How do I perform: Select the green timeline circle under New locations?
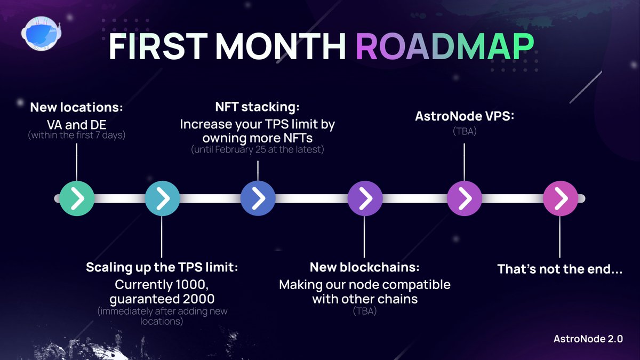click(77, 198)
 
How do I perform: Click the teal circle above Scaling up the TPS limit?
click(162, 198)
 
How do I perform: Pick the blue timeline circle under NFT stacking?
click(258, 198)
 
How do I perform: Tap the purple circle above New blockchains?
click(365, 198)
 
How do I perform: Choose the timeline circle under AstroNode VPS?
click(464, 198)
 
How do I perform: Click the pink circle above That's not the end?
click(560, 198)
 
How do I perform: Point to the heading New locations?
click(77, 107)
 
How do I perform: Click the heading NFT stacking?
click(258, 107)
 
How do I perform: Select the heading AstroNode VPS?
click(465, 116)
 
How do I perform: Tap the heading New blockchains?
click(364, 267)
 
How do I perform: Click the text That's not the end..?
click(560, 269)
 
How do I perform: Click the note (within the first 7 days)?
click(77, 135)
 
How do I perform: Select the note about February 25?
click(258, 150)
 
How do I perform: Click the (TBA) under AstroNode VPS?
click(464, 130)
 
